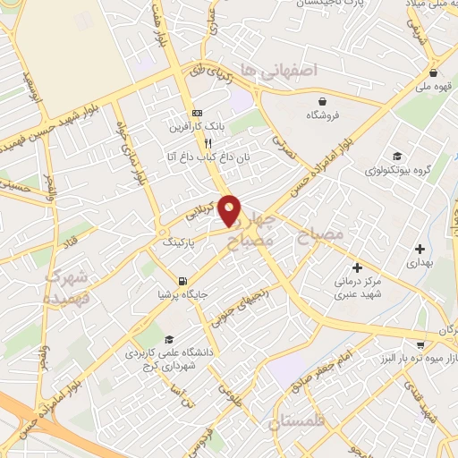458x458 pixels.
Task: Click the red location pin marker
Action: (x=230, y=210)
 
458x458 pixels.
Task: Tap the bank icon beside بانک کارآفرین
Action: (x=197, y=114)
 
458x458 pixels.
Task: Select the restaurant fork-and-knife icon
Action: (x=208, y=142)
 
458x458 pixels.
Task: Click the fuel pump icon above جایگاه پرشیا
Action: (x=183, y=280)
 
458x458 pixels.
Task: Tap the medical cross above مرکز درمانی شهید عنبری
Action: (x=357, y=267)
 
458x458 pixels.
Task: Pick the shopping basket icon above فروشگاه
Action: (x=318, y=101)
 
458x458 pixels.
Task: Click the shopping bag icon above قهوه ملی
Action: (x=433, y=73)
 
